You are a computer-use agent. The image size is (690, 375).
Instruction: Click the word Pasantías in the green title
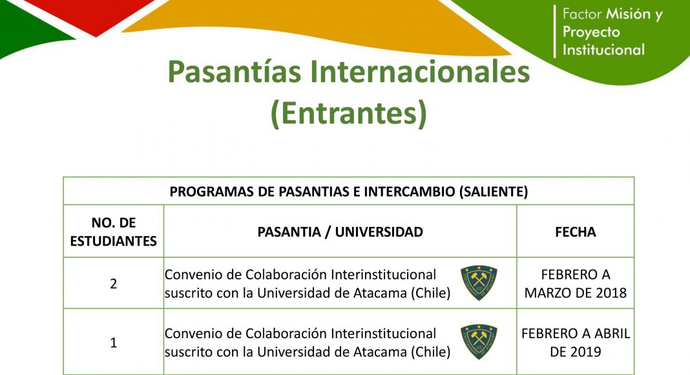tap(234, 72)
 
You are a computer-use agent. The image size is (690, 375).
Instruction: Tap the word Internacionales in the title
tap(420, 72)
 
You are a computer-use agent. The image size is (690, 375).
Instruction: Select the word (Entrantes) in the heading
tap(349, 114)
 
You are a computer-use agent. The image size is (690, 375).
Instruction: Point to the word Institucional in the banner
tap(603, 49)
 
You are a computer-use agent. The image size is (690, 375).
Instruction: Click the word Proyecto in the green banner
tap(591, 32)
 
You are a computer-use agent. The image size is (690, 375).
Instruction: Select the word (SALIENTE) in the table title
tap(494, 192)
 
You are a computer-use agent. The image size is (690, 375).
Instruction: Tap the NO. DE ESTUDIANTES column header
tap(114, 231)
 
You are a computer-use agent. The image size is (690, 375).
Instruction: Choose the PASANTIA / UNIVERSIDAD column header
tap(340, 232)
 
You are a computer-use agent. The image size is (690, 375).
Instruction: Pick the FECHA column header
tap(576, 232)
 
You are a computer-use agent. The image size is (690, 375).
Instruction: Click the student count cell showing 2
tap(114, 283)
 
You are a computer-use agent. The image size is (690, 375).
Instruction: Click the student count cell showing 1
tap(114, 343)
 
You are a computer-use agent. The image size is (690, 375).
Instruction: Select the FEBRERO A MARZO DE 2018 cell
tap(576, 283)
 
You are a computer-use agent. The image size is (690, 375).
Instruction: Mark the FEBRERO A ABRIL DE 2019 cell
tap(576, 343)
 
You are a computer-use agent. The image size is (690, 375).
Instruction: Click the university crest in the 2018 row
tap(479, 283)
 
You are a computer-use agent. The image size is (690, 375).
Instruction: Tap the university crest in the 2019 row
tap(479, 342)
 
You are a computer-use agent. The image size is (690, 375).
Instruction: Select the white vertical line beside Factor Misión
tap(555, 32)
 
